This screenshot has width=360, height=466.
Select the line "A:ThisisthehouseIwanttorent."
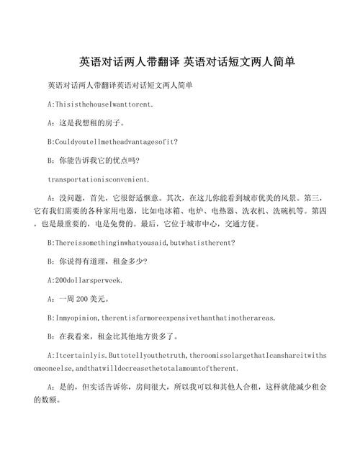coord(100,104)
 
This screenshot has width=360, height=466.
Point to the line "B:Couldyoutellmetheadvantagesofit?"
coord(112,142)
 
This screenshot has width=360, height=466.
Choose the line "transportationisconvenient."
coord(99,179)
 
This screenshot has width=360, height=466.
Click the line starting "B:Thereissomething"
coord(140,243)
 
